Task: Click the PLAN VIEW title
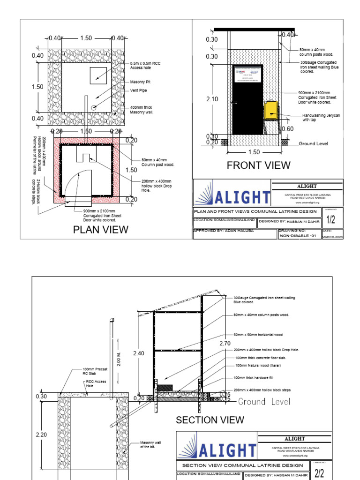(x=100, y=229)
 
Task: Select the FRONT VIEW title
(x=258, y=165)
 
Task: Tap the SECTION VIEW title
(x=210, y=420)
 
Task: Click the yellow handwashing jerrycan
(x=270, y=111)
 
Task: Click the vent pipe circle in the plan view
(x=94, y=107)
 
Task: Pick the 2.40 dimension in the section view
(x=139, y=353)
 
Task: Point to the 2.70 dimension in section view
(x=225, y=344)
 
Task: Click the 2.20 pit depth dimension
(x=42, y=435)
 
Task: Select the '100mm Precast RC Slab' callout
(x=95, y=371)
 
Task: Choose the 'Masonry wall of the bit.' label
(x=150, y=444)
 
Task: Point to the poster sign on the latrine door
(x=248, y=75)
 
